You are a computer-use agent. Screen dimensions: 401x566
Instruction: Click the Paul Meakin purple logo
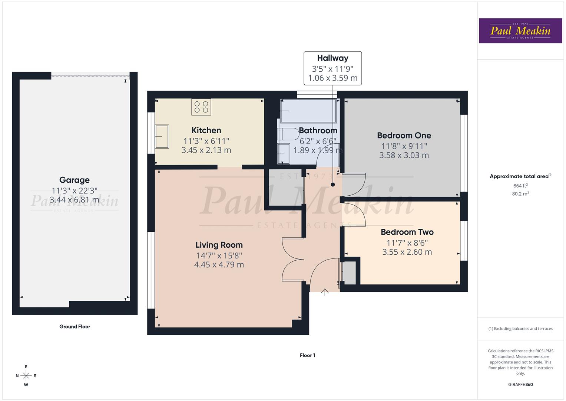click(520, 30)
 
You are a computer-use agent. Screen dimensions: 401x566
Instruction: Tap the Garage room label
click(75, 180)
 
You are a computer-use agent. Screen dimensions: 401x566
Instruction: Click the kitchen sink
click(162, 137)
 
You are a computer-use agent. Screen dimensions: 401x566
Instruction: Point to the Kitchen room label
click(206, 130)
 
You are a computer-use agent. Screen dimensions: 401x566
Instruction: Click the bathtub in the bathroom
click(308, 111)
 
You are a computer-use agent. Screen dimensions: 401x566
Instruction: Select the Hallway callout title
click(332, 58)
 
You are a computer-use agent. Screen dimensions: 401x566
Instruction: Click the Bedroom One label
click(404, 136)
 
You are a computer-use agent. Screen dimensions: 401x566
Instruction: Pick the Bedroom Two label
click(407, 232)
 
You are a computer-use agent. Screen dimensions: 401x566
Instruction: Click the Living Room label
click(219, 245)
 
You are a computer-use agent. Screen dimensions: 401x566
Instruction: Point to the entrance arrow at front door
click(325, 292)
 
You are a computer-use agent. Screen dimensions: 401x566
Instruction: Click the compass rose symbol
click(26, 376)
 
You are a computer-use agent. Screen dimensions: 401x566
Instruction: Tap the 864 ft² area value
click(520, 186)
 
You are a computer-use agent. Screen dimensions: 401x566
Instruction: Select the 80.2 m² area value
click(520, 193)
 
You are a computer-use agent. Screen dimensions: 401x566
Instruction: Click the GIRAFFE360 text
click(520, 384)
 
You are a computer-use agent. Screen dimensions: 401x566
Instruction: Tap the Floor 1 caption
click(307, 355)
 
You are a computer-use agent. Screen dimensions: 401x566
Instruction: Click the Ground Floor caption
click(75, 327)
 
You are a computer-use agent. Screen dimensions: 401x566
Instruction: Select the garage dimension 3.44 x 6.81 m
click(75, 200)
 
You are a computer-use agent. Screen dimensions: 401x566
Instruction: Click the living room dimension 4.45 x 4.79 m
click(219, 265)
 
